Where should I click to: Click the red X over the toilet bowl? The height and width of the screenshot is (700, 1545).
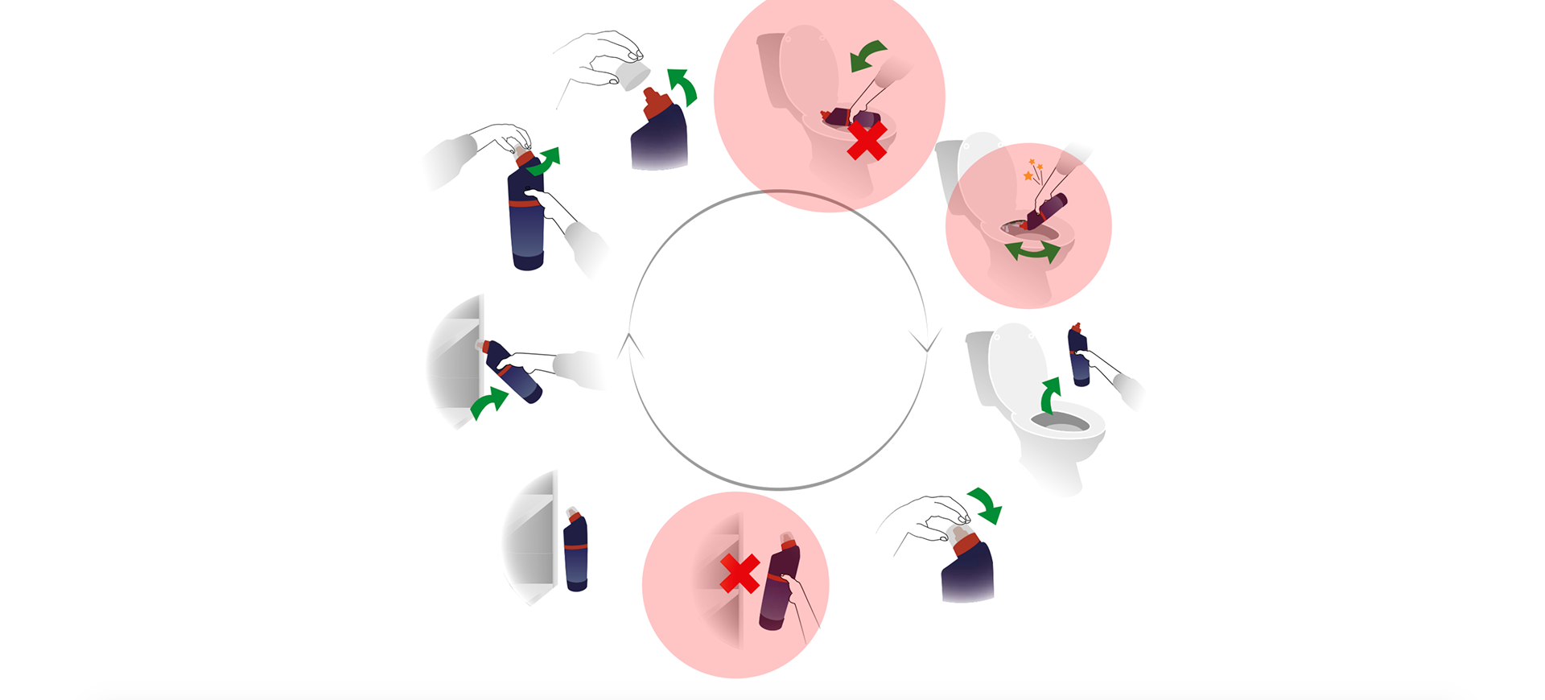click(x=867, y=142)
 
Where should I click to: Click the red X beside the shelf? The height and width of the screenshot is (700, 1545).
click(x=740, y=574)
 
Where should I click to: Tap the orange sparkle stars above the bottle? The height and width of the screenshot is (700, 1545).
click(x=1032, y=170)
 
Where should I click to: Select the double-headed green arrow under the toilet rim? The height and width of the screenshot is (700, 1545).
click(x=1032, y=252)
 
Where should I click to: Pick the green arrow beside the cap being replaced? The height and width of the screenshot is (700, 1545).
click(x=986, y=504)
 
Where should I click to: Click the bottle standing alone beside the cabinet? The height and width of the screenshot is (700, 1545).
click(x=575, y=552)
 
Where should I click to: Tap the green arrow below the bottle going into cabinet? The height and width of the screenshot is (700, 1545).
click(x=489, y=402)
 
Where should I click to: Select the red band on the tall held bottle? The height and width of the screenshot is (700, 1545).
click(x=525, y=204)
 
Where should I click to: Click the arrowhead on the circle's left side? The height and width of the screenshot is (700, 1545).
click(x=630, y=344)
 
